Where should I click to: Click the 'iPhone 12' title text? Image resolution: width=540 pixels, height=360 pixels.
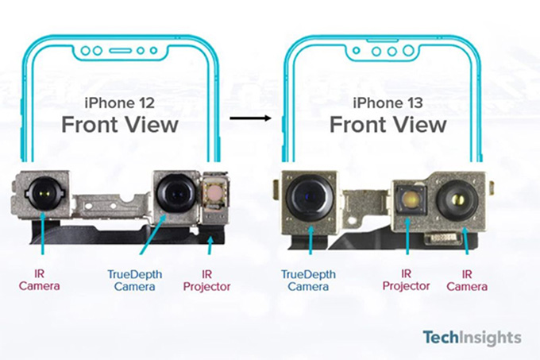120,103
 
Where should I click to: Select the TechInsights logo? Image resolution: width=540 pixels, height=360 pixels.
471,337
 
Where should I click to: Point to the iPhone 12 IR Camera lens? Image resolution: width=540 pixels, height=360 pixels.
40,192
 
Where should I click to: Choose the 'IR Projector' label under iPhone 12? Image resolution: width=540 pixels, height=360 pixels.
207,279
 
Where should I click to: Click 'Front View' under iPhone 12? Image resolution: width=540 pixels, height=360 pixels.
120,125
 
